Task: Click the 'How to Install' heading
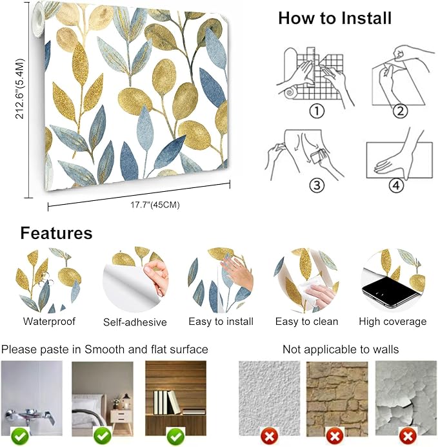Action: point(335,18)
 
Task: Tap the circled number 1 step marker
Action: point(316,111)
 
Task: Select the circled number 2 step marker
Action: point(401,111)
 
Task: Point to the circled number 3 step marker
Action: point(316,185)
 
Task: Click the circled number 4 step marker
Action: point(395,185)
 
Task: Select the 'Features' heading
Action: point(56,233)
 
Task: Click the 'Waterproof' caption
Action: point(49,321)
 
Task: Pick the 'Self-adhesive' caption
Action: point(135,322)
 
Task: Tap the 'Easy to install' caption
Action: point(221,321)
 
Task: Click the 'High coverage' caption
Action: point(392,321)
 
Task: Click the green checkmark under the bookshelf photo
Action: point(175,437)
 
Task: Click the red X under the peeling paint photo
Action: point(406,437)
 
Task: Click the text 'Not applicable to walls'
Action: point(341,349)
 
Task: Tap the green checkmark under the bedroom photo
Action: point(102,437)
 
